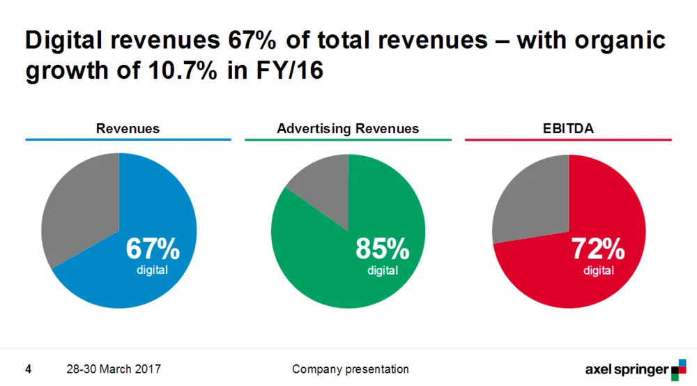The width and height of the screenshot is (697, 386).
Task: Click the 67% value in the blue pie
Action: (x=152, y=248)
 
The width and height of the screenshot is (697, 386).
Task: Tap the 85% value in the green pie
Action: (x=382, y=248)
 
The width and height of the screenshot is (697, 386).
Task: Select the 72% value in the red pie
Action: (x=597, y=248)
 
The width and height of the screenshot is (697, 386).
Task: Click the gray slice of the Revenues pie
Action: (x=77, y=209)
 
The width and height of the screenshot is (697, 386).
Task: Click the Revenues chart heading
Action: (x=128, y=128)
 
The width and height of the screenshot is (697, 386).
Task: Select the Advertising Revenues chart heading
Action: (x=348, y=128)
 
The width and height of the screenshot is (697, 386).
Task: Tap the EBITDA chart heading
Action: (x=567, y=128)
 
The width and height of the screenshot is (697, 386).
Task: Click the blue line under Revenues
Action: (x=128, y=140)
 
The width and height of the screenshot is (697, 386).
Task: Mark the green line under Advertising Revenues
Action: (x=348, y=140)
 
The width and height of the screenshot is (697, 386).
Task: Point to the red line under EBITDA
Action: (x=567, y=140)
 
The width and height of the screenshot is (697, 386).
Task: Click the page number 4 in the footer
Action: (x=29, y=369)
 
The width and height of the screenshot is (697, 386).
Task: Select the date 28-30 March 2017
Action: (x=114, y=369)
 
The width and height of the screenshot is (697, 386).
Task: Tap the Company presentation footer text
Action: (x=351, y=369)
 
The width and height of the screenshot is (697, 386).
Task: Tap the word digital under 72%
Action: (x=599, y=270)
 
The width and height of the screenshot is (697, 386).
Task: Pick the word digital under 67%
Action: (x=152, y=270)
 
